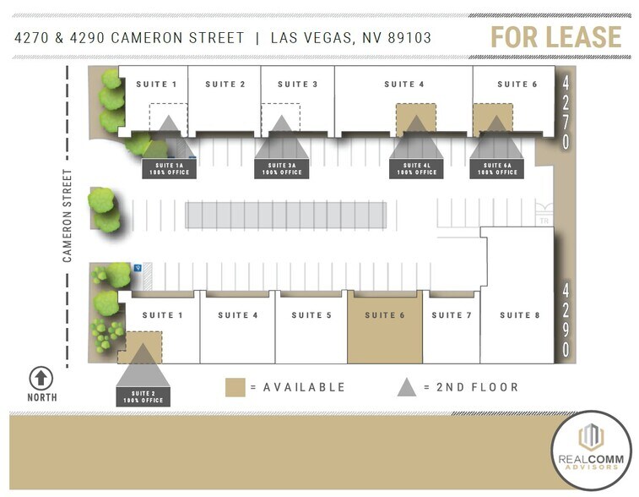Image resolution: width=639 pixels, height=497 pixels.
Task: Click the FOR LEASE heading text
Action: [x=556, y=37]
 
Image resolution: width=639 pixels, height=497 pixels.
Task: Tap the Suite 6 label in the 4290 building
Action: [x=385, y=315]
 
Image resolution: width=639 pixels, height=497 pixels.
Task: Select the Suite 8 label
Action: [x=519, y=315]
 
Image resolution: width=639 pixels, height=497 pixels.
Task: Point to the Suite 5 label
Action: [x=311, y=315]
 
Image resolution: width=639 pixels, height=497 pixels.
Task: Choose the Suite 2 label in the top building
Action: [x=225, y=85]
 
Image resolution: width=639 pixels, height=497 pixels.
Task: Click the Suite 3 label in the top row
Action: [x=298, y=85]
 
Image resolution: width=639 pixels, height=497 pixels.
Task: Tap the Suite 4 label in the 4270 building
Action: [x=404, y=85]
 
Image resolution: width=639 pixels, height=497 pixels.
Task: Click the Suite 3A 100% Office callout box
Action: [x=282, y=169]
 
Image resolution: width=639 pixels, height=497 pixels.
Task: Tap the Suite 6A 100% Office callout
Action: [x=497, y=169]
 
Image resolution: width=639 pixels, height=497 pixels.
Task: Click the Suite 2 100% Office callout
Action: [x=143, y=396]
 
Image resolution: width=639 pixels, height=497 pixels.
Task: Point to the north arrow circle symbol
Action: [x=41, y=378]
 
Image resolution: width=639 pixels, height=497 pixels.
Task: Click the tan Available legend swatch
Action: [x=236, y=387]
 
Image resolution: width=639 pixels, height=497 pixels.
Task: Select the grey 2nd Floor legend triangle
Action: [x=407, y=386]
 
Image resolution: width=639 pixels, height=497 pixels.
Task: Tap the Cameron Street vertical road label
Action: [x=68, y=215]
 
